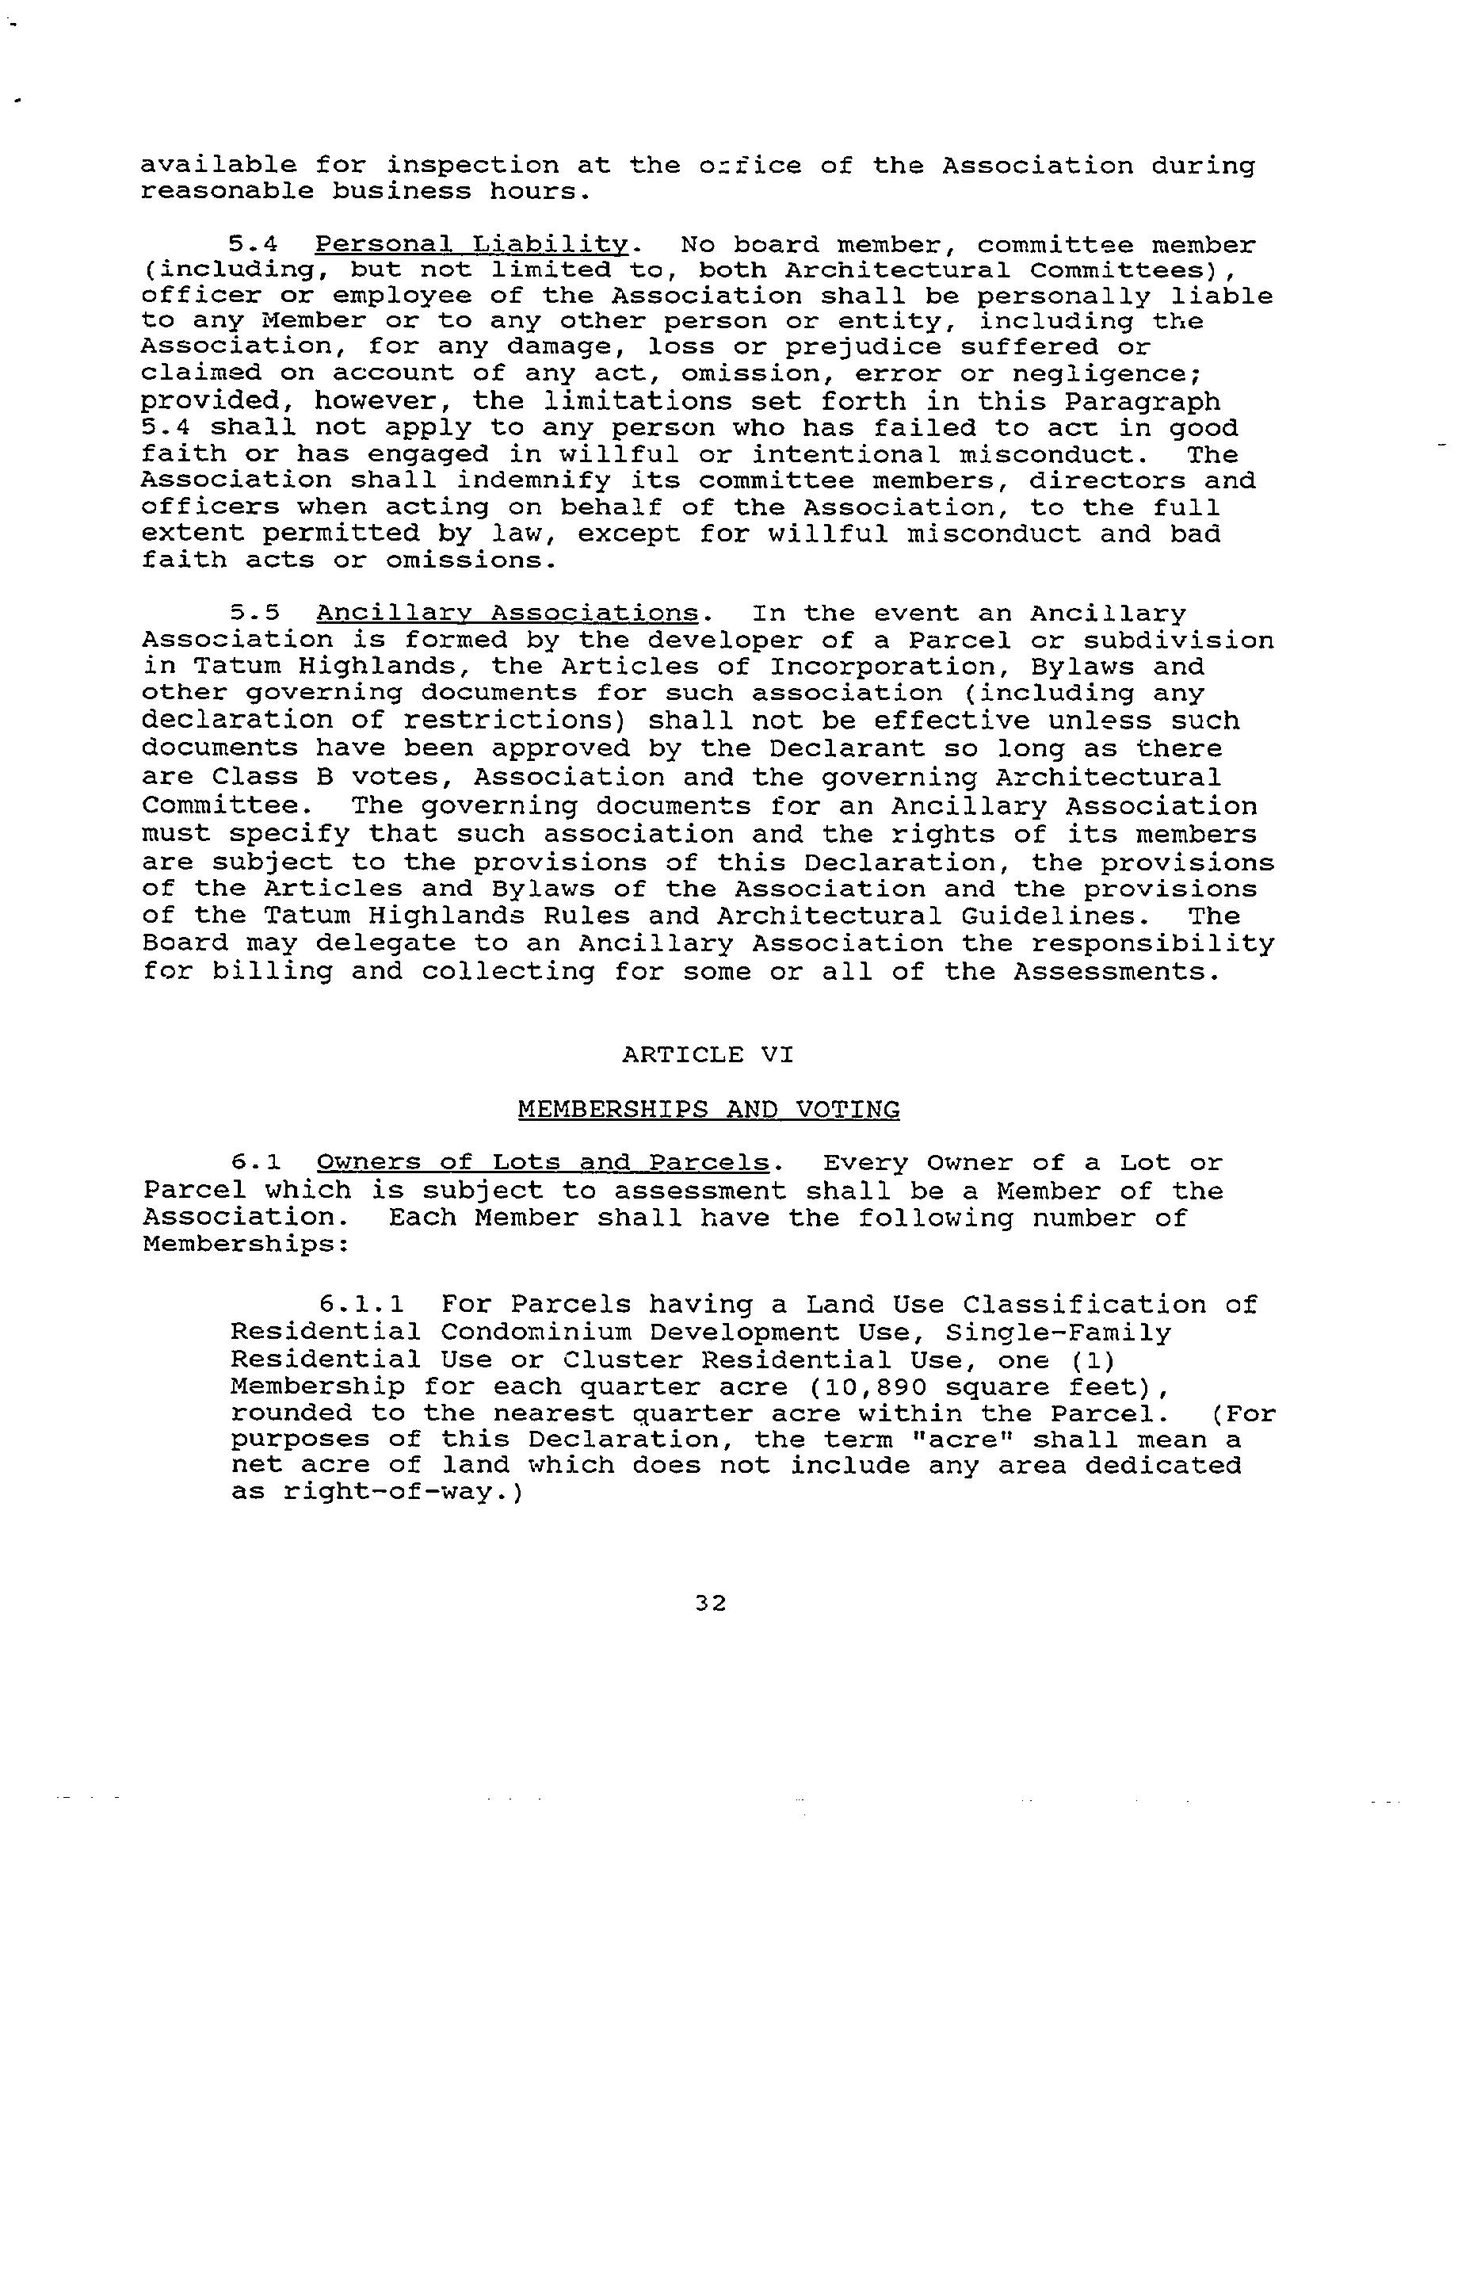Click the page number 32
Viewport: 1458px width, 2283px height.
click(x=710, y=1603)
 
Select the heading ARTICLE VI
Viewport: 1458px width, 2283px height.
click(x=708, y=1054)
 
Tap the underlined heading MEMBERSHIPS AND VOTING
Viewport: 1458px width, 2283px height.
click(x=708, y=1109)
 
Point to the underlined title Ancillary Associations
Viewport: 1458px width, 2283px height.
click(x=506, y=614)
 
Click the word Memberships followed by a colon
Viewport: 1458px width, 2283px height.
click(x=246, y=1244)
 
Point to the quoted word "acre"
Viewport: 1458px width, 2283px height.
click(x=960, y=1440)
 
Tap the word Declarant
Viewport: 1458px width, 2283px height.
click(x=846, y=748)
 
